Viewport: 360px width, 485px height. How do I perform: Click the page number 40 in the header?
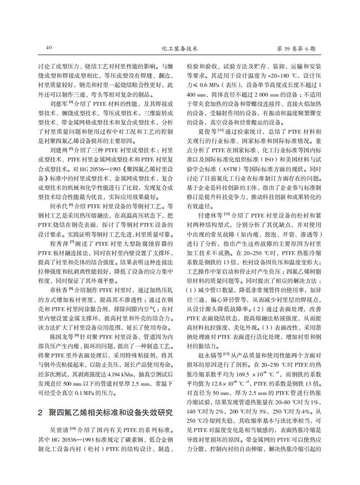coord(49,48)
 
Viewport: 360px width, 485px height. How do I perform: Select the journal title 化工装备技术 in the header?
coord(180,48)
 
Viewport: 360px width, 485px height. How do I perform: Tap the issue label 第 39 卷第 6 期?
coord(299,48)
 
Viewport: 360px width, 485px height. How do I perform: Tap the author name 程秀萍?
coord(58,244)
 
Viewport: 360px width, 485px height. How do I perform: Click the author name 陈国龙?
coord(58,337)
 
